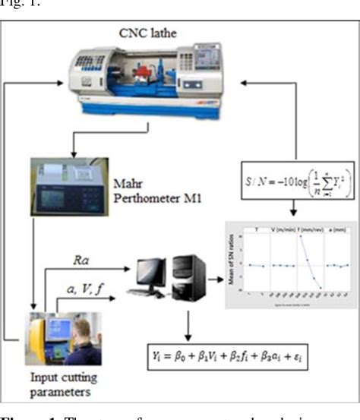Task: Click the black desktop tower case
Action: click(x=185, y=275)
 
